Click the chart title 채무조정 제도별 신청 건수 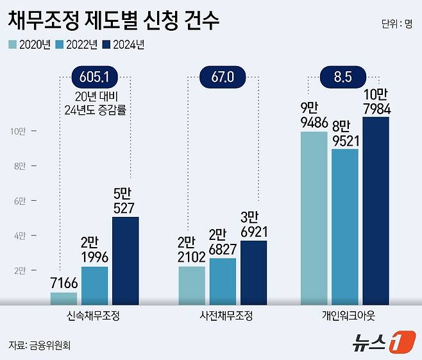[x=114, y=21]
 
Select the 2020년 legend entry [x=30, y=44]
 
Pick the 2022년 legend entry [x=77, y=44]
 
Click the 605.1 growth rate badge [x=94, y=78]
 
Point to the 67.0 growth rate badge [x=222, y=78]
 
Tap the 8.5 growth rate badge [x=342, y=78]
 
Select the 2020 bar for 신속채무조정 [x=63, y=298]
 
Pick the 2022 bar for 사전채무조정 [x=223, y=281]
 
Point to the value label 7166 [x=63, y=282]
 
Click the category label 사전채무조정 [x=223, y=316]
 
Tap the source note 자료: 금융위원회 [x=39, y=345]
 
